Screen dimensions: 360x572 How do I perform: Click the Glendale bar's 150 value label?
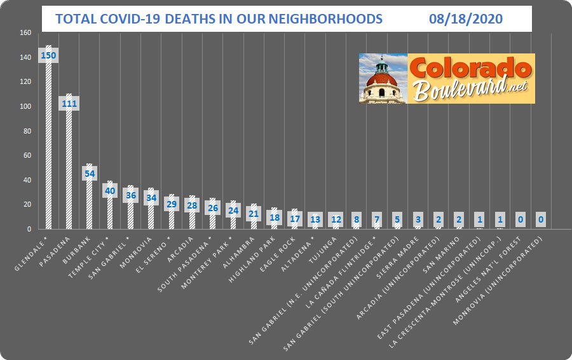[x=48, y=55]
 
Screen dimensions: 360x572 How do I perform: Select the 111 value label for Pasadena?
[x=69, y=103]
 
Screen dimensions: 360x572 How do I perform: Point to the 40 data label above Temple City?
[x=110, y=190]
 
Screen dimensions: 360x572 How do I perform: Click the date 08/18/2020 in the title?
[x=465, y=19]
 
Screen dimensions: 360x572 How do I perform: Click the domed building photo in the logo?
[x=383, y=78]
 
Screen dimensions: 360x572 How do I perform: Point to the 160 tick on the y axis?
[x=25, y=32]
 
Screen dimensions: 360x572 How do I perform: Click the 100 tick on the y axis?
[x=25, y=106]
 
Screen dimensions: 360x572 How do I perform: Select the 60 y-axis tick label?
[x=27, y=155]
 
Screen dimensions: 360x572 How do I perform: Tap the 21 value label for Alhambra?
[x=254, y=213]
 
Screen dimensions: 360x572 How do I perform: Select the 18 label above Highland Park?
[x=275, y=218]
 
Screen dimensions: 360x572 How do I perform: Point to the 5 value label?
[x=398, y=219]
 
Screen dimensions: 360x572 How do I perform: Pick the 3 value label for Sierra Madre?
[x=418, y=219]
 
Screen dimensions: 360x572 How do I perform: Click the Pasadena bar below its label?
[x=69, y=172]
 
